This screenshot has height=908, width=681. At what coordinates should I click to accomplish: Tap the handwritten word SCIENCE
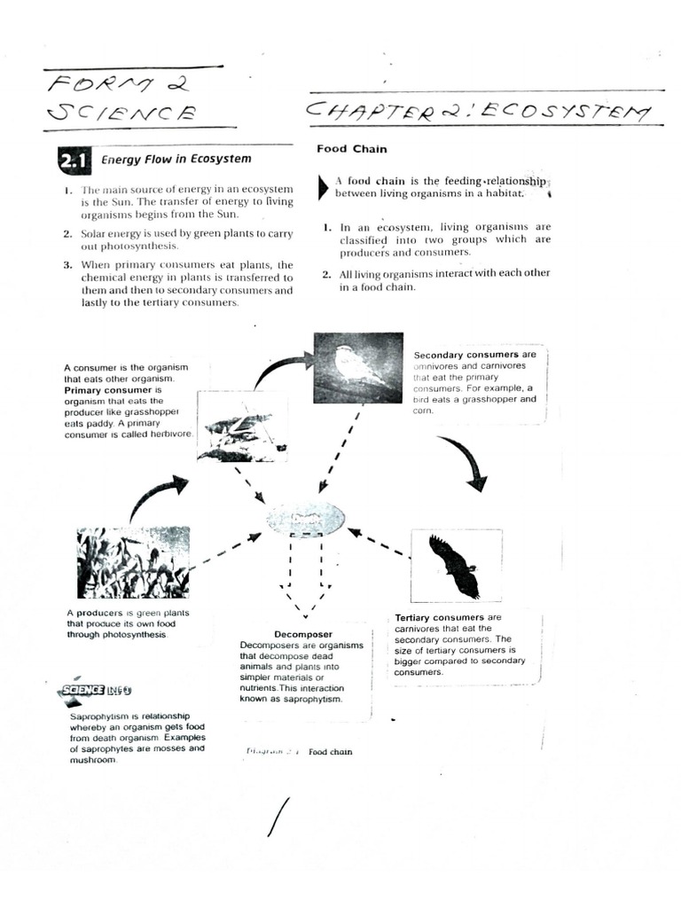pyautogui.click(x=123, y=113)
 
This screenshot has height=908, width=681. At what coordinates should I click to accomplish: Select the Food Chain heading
pyautogui.click(x=351, y=149)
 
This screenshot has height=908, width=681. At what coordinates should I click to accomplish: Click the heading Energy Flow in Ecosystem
pyautogui.click(x=176, y=160)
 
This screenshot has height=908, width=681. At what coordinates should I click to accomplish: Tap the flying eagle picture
pyautogui.click(x=454, y=566)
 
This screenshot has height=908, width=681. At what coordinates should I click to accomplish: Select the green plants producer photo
pyautogui.click(x=133, y=563)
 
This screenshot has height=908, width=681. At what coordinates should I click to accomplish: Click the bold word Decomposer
pyautogui.click(x=303, y=634)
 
